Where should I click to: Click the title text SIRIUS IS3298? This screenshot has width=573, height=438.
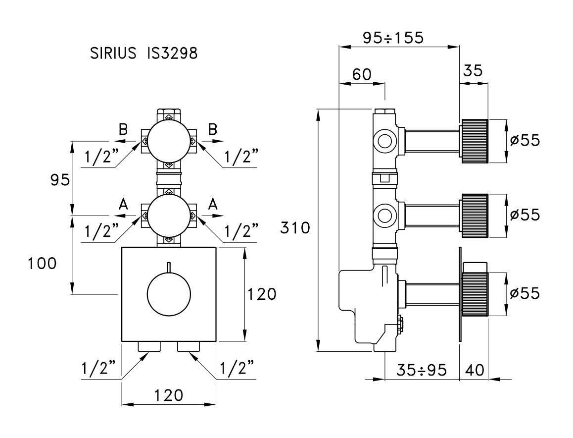tap(143, 54)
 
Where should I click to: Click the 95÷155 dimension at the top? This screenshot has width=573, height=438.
tap(393, 37)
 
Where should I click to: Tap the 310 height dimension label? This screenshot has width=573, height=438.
tap(295, 227)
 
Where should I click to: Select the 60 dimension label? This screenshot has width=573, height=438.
tap(362, 74)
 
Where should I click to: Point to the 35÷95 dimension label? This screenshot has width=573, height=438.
tap(422, 370)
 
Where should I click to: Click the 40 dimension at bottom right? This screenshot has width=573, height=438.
tap(475, 370)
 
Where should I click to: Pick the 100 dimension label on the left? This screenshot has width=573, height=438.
tap(43, 263)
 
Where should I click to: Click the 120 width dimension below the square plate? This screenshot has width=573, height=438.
tap(168, 395)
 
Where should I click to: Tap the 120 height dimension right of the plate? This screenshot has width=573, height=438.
tap(262, 294)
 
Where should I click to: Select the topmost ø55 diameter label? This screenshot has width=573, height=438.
tap(525, 140)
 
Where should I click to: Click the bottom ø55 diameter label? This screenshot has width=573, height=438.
tap(525, 293)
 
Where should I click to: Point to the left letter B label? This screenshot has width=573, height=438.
tap(123, 129)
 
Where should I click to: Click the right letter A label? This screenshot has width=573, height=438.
tap(213, 204)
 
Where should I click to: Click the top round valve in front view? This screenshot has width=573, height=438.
tap(169, 142)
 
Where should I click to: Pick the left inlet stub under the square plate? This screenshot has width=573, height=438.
tap(149, 346)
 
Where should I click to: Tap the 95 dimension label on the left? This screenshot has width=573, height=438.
tap(60, 180)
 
